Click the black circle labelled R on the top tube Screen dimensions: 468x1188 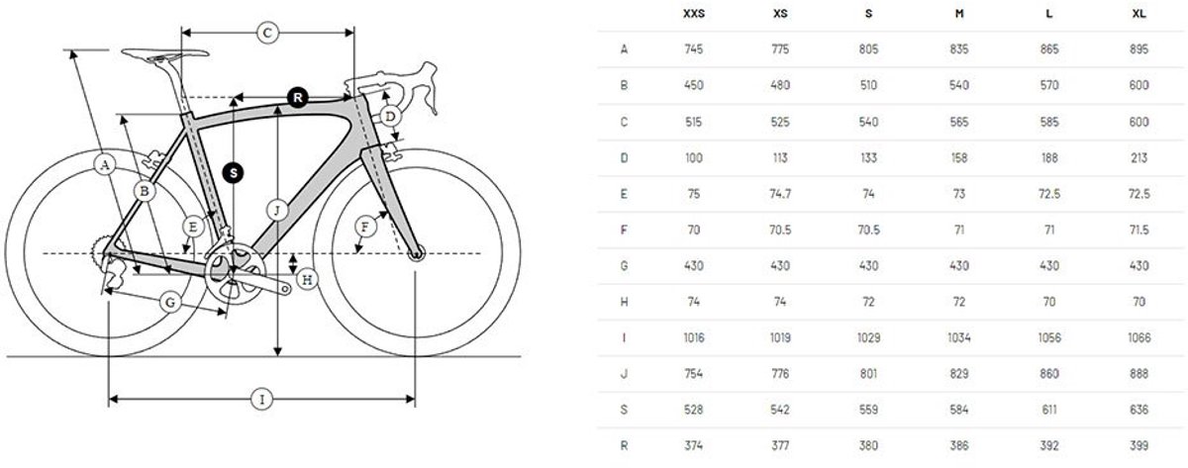pos(298,96)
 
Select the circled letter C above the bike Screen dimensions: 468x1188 pos(266,33)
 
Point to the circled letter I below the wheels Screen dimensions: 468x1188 pos(261,400)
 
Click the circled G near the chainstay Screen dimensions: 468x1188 pos(170,300)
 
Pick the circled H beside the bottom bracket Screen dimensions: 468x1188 pos(308,280)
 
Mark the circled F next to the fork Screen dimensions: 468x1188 pos(365,229)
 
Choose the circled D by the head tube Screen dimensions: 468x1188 pos(391,117)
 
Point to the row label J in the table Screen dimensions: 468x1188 pos(623,374)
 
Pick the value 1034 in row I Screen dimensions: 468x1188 pos(959,337)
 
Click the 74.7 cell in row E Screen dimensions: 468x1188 pos(781,194)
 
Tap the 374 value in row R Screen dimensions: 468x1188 pos(693,446)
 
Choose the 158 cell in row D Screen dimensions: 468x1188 pos(959,157)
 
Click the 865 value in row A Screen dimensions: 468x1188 pos(1049,48)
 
